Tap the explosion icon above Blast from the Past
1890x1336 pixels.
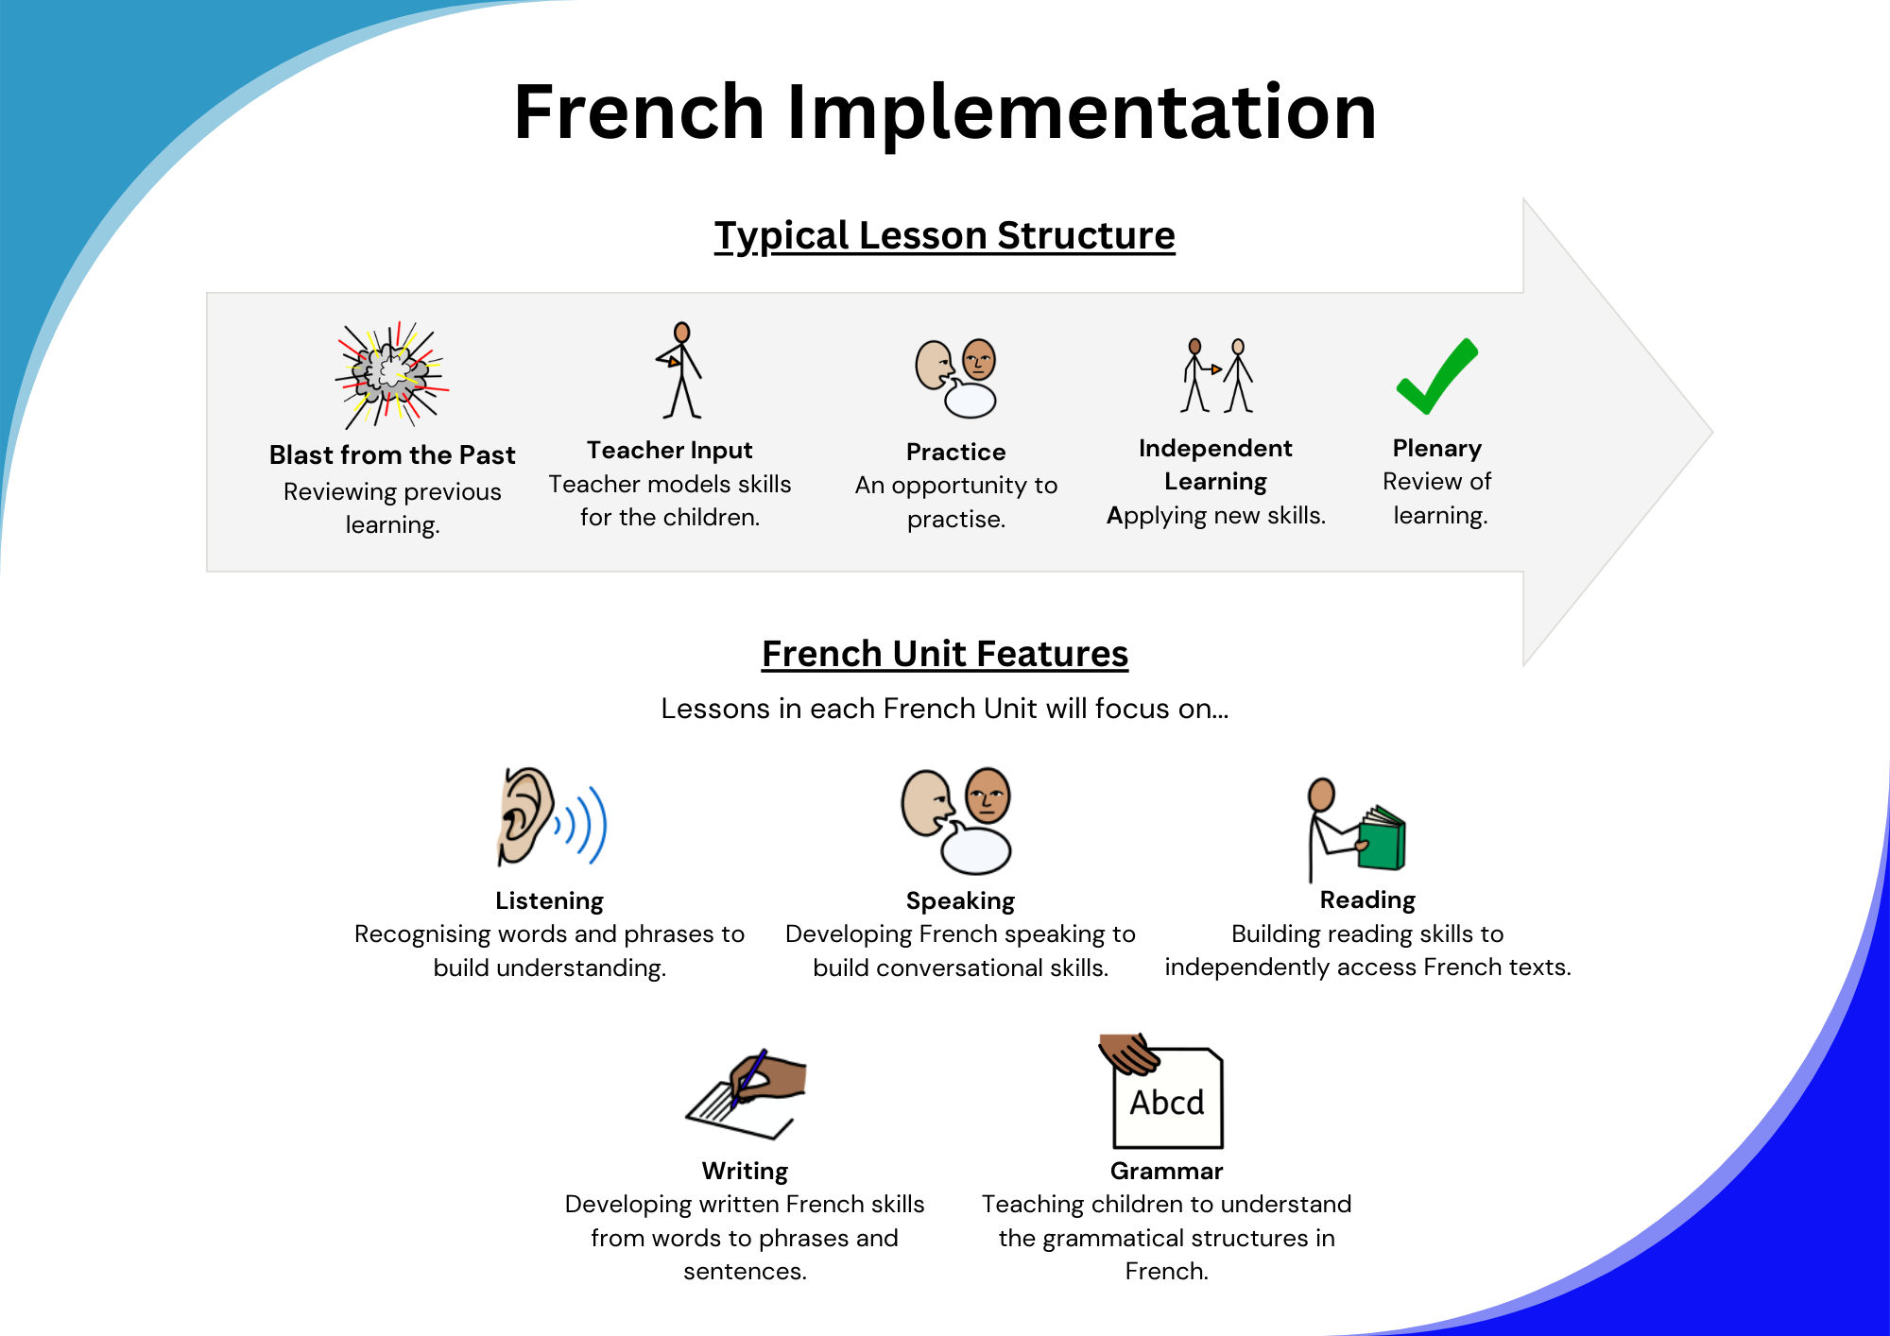coord(391,374)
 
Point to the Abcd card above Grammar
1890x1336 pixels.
coord(1168,1098)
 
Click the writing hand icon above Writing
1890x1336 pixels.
coord(747,1093)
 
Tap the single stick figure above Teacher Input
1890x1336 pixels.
coord(680,370)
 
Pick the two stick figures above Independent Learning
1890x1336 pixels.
coord(1217,375)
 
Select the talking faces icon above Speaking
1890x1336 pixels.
coord(956,820)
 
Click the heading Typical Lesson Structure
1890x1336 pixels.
coord(944,235)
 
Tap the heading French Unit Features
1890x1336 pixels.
coord(945,654)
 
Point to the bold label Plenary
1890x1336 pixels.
coord(1437,449)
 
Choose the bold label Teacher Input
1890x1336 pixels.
coord(669,451)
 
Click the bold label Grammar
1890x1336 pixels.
coord(1166,1171)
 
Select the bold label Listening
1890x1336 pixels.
coord(549,901)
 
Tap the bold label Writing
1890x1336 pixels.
coord(745,1172)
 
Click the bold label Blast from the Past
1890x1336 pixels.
coord(392,455)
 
